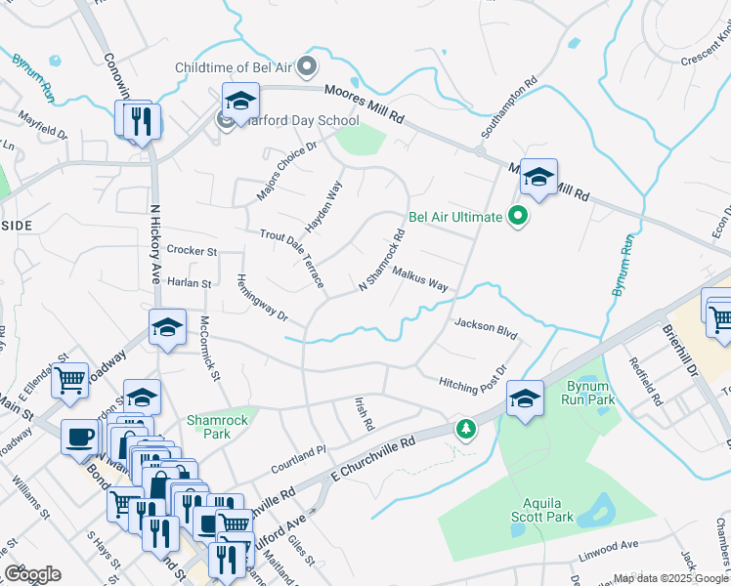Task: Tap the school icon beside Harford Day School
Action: click(x=239, y=100)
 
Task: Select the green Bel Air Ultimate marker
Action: click(x=519, y=217)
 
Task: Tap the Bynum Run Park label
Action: click(x=589, y=393)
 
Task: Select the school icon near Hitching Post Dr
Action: click(x=525, y=398)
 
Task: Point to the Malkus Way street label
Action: click(x=419, y=280)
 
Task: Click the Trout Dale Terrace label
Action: click(x=293, y=258)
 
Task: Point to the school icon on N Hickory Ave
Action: click(x=168, y=329)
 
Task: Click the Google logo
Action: click(x=32, y=574)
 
